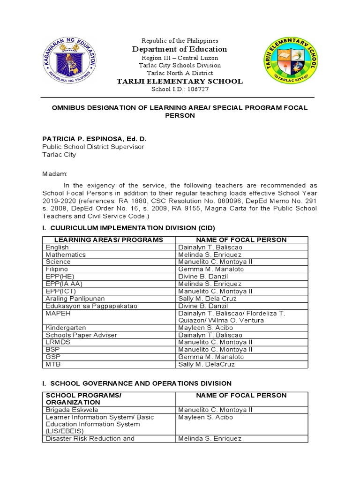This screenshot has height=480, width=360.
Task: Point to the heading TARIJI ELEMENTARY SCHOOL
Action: tap(180, 81)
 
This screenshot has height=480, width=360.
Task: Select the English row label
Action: tap(57, 247)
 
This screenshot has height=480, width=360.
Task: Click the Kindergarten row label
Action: tap(66, 328)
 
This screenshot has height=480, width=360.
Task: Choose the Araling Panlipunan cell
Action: tap(75, 299)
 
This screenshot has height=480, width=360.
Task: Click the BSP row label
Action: tap(52, 350)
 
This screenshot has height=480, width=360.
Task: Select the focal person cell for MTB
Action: tap(206, 364)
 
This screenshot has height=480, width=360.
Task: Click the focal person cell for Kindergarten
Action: tap(204, 328)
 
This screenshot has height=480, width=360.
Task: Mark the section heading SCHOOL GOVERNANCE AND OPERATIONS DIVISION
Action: tap(137, 383)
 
